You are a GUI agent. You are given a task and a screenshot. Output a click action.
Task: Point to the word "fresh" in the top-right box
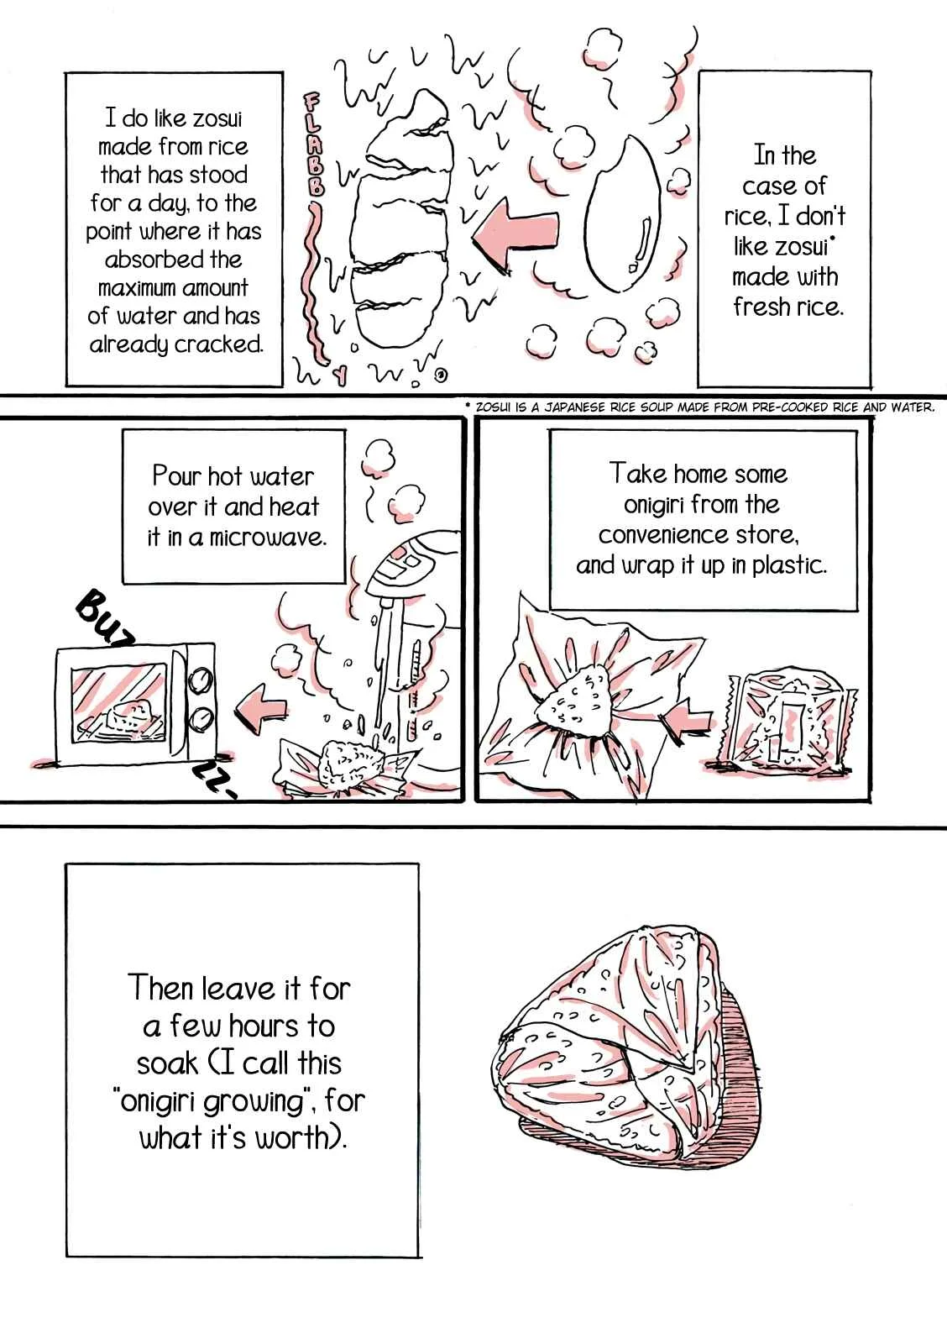pyautogui.click(x=757, y=307)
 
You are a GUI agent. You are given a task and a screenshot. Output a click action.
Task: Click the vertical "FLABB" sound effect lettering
pyautogui.click(x=313, y=143)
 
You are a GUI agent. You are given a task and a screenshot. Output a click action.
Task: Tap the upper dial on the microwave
pyautogui.click(x=201, y=680)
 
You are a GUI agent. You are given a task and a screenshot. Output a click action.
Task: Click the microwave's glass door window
pyautogui.click(x=118, y=703)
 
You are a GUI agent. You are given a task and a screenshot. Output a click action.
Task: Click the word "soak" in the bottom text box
pyautogui.click(x=167, y=1063)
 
